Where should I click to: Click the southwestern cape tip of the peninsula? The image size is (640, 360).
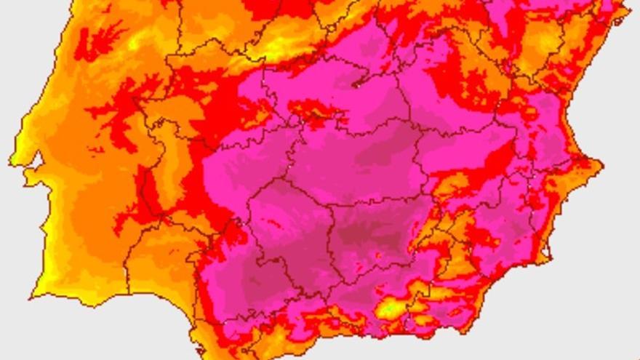point(33,296)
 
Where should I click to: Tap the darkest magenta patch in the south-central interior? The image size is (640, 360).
point(367,236)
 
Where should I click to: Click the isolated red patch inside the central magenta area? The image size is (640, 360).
point(313,113)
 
